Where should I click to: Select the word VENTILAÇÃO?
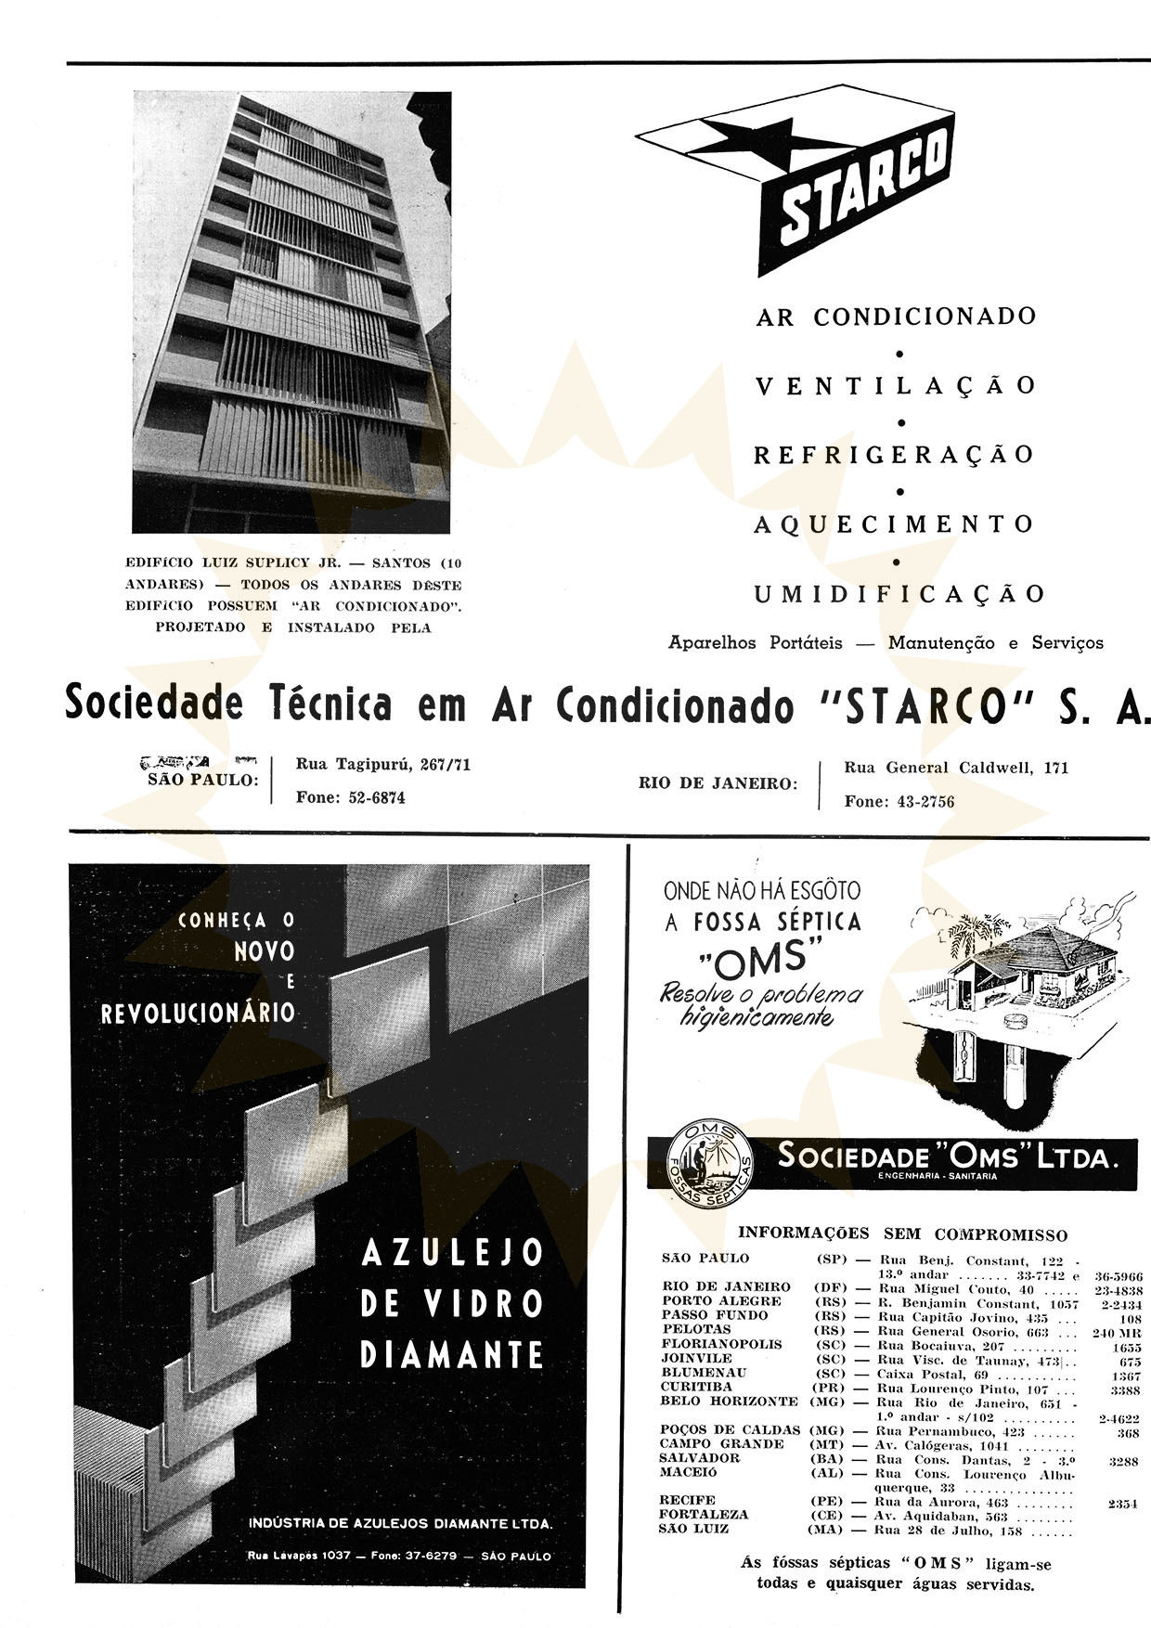[x=896, y=385]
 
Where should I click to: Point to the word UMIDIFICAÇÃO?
[x=899, y=594]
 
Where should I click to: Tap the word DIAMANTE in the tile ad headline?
[x=451, y=1354]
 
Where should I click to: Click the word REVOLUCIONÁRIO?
[x=198, y=1013]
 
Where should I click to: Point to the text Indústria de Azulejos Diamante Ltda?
[x=400, y=1523]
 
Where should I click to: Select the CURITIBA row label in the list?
[x=696, y=1387]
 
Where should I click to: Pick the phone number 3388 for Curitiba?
[x=1124, y=1390]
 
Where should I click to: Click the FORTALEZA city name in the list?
[x=704, y=1514]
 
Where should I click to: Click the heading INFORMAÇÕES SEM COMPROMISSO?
[x=902, y=1234]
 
